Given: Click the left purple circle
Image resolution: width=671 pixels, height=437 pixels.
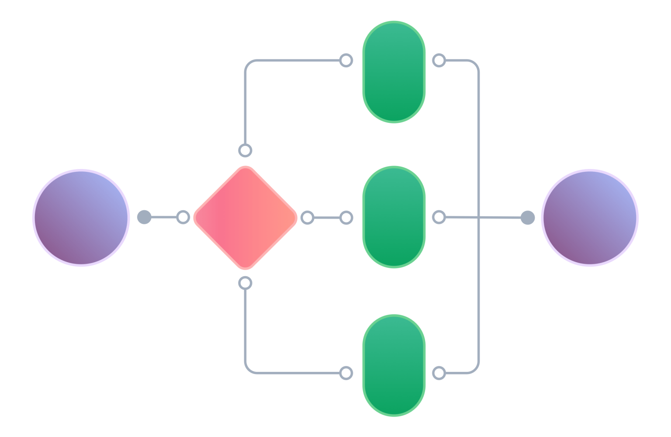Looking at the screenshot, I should click(81, 217).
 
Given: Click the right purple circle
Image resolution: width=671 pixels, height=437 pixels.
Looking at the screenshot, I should click(590, 217).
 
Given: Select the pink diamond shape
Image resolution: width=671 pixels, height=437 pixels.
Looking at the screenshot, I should click(246, 218).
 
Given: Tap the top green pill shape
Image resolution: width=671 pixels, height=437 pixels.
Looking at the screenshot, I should click(394, 72).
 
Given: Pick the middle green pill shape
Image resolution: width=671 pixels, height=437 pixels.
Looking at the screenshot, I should click(394, 217).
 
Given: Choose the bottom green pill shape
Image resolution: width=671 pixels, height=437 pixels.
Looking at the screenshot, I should click(394, 365).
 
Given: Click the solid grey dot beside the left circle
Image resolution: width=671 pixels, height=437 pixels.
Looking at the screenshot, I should click(144, 217).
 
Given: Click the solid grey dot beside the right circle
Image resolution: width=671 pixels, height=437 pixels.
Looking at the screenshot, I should click(527, 217).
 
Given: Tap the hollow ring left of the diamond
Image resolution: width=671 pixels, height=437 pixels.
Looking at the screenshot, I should click(183, 217).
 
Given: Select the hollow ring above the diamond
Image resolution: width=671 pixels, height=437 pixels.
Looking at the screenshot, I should click(246, 151).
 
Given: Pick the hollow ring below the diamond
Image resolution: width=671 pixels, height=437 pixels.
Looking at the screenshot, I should click(246, 283).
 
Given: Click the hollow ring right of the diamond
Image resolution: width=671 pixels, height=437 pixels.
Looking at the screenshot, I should click(308, 218).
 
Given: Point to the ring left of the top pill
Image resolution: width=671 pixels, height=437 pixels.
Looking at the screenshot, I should click(346, 61).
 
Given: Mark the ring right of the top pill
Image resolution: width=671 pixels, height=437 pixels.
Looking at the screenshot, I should click(439, 61).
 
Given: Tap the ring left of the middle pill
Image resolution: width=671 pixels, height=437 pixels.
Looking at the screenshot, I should click(346, 218).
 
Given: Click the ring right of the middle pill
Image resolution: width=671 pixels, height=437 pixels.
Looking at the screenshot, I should click(439, 217).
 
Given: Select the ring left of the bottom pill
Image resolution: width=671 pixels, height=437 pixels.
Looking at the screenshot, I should click(346, 373).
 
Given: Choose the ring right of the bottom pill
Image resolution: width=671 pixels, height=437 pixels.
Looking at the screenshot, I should click(439, 373).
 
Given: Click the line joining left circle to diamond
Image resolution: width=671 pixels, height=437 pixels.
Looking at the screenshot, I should click(164, 217).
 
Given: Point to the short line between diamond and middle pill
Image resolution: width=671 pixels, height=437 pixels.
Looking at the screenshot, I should click(327, 218).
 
